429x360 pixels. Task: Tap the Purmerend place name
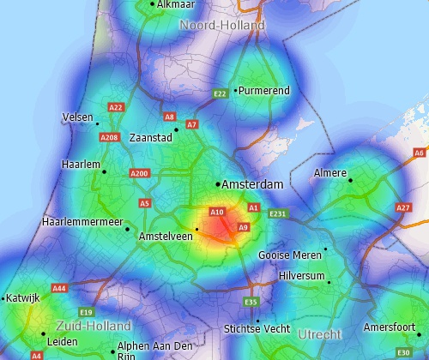pos(264,90)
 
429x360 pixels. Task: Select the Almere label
pos(330,172)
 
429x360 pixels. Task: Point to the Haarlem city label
pos(82,164)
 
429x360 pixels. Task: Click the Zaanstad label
pos(150,137)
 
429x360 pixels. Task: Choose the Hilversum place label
pos(302,275)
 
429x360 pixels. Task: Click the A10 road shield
pos(217,212)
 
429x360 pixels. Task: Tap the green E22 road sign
pos(220,93)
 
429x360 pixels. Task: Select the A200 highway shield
pos(139,173)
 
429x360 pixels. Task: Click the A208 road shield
pos(109,137)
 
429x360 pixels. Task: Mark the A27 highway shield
pos(403,207)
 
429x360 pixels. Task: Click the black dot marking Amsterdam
pos(217,184)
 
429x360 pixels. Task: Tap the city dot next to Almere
pos(350,179)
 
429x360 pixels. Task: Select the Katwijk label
pos(24,298)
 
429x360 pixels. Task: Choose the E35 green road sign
pos(251,302)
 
